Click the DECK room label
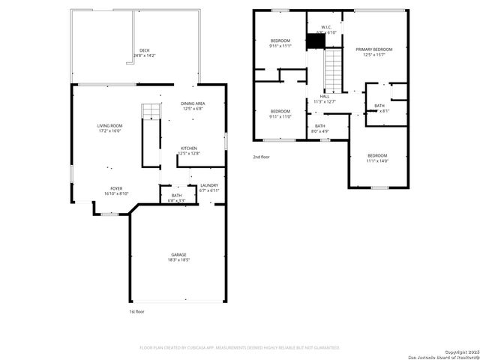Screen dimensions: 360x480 pos(144,50)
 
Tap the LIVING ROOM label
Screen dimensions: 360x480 pos(109,125)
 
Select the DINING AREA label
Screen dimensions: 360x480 pos(193,103)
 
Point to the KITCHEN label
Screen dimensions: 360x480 pos(189,148)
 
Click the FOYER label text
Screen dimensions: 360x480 pos(116,189)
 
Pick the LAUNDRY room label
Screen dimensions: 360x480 pos(208,185)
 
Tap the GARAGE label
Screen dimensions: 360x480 pos(178,255)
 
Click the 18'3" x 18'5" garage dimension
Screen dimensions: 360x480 pos(178,261)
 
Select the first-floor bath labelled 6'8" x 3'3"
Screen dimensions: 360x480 pos(176,198)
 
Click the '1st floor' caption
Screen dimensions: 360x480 pos(136,310)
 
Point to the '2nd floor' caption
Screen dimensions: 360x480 pos(261,157)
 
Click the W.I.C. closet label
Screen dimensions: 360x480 pos(320,27)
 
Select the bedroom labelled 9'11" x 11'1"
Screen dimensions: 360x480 pos(280,42)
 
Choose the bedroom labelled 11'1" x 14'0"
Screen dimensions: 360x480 pos(377,157)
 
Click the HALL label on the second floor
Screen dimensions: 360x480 pos(324,96)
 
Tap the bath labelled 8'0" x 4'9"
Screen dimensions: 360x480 pos(320,128)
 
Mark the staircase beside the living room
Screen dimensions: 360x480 pos(152,112)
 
